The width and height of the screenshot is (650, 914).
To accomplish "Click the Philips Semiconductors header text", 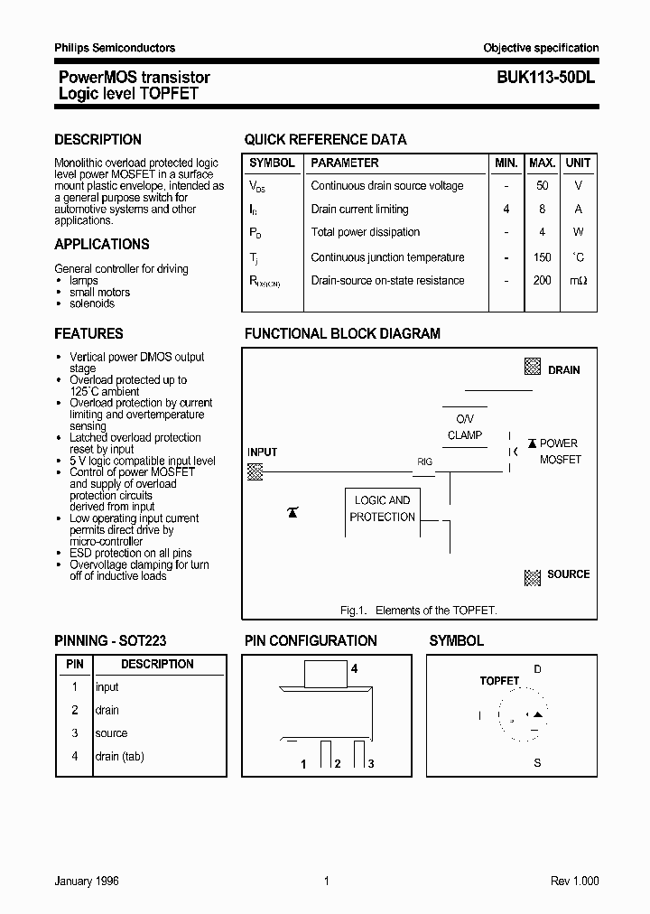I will click(115, 48).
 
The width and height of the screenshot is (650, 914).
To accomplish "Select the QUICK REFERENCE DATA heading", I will click(325, 140).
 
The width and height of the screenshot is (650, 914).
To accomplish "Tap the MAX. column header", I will click(542, 163).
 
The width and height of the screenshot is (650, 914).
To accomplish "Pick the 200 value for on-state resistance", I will click(542, 281).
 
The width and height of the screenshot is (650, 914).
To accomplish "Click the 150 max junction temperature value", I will click(542, 257).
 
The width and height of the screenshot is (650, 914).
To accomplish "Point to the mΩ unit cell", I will click(578, 281).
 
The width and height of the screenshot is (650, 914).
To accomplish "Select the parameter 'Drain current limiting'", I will click(359, 210).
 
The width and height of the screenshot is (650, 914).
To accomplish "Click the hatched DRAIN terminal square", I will click(533, 368).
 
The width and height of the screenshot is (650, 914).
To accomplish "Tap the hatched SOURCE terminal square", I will click(532, 575).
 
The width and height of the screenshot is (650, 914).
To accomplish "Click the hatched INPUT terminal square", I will click(255, 471).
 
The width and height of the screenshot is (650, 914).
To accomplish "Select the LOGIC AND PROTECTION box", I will click(382, 508).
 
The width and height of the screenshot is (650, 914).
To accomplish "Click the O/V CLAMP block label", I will click(464, 427).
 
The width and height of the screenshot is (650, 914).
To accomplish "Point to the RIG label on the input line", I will click(424, 462).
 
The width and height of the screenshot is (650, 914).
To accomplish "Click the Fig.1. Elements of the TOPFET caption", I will click(419, 611).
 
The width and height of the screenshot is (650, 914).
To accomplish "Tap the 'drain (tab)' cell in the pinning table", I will click(119, 757).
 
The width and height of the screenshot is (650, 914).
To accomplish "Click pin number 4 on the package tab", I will click(355, 669).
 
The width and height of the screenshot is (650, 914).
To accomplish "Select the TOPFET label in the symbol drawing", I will click(499, 681).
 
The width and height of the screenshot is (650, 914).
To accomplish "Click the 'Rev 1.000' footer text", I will click(574, 881).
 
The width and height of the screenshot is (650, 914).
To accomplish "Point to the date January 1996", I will click(87, 881).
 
